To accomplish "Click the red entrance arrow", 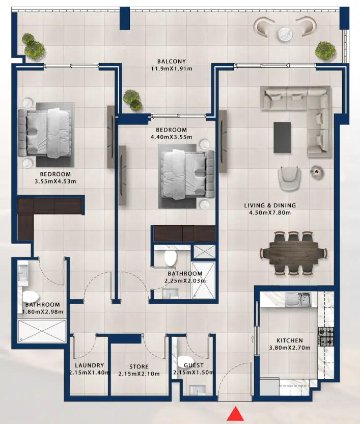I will click(x=235, y=413).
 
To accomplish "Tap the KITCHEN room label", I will click(x=290, y=340).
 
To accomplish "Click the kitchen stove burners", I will click(x=326, y=336).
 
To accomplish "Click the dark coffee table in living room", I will click(x=283, y=137).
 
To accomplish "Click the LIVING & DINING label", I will click(x=269, y=205).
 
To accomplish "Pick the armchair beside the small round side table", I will click(x=289, y=176).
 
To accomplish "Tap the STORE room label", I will click(x=139, y=366).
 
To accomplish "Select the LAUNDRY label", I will click(x=89, y=365).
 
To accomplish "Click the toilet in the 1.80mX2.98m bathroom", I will click(x=31, y=296).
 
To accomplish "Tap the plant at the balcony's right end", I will click(x=324, y=50).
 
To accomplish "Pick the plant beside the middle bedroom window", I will click(x=132, y=99).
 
